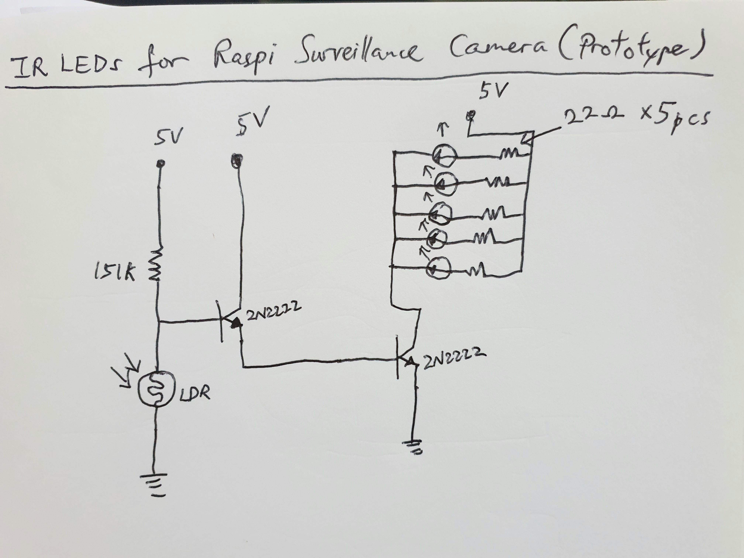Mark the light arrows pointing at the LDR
pyautogui.click(x=130, y=373)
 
